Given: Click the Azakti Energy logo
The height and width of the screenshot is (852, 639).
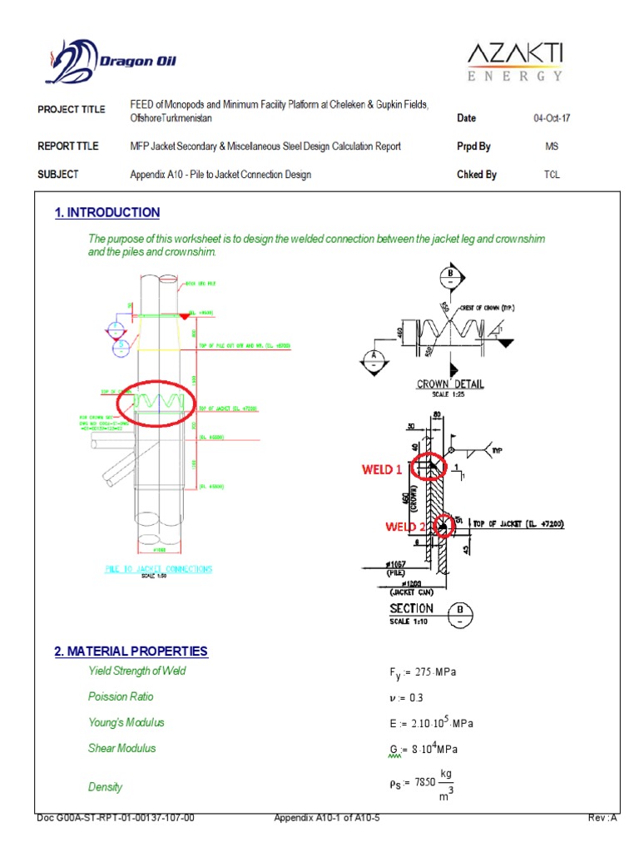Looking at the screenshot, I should (513, 62).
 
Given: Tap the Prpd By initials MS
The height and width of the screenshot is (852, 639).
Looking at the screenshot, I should (551, 146).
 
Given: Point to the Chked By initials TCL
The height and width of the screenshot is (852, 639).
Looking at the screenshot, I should (551, 175).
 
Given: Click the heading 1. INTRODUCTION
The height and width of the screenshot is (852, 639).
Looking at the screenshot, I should (107, 213).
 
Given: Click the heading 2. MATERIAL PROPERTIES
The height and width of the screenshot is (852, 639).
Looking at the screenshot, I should (131, 651).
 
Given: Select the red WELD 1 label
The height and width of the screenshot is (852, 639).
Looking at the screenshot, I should (382, 469).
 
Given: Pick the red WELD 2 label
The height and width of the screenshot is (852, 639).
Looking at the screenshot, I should (405, 527).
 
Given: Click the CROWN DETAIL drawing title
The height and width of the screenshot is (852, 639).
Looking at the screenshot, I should (450, 384).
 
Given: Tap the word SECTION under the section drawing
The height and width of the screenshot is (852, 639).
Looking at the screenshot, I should (412, 608).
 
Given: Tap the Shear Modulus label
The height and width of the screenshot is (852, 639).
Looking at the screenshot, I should (121, 748).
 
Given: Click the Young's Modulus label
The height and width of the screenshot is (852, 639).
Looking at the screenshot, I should (126, 722).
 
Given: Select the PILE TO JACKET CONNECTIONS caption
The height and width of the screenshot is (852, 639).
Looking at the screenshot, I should (158, 569).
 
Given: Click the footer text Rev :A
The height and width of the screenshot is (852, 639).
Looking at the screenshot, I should (602, 818).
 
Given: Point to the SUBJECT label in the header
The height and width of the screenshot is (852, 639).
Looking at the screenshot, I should (58, 175).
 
